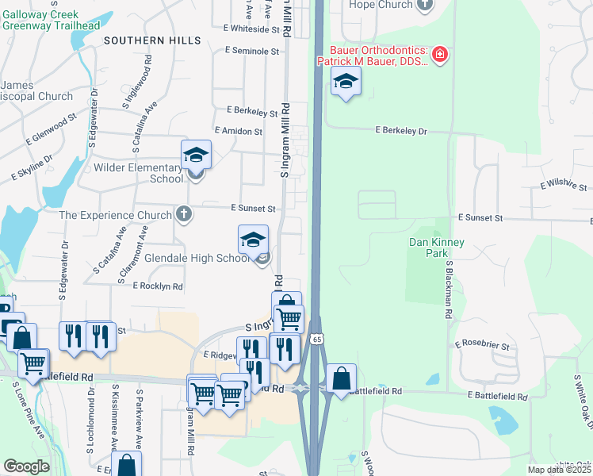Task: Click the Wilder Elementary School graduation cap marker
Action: pyautogui.click(x=196, y=155)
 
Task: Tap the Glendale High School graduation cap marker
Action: pyautogui.click(x=253, y=240)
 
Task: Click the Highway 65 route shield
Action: pyautogui.click(x=316, y=340)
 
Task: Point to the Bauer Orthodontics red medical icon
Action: pyautogui.click(x=438, y=55)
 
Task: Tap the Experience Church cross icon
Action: pyautogui.click(x=183, y=214)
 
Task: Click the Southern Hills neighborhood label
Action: pyautogui.click(x=146, y=40)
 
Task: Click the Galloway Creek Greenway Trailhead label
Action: pyautogui.click(x=51, y=20)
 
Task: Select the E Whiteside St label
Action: pyautogui.click(x=251, y=29)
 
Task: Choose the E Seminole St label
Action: pyautogui.click(x=253, y=51)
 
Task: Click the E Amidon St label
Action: pyautogui.click(x=238, y=131)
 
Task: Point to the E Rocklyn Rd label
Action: pyautogui.click(x=158, y=286)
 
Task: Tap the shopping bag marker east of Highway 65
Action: pyautogui.click(x=341, y=378)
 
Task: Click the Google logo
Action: pyautogui.click(x=26, y=466)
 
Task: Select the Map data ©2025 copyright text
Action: pyautogui.click(x=559, y=470)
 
